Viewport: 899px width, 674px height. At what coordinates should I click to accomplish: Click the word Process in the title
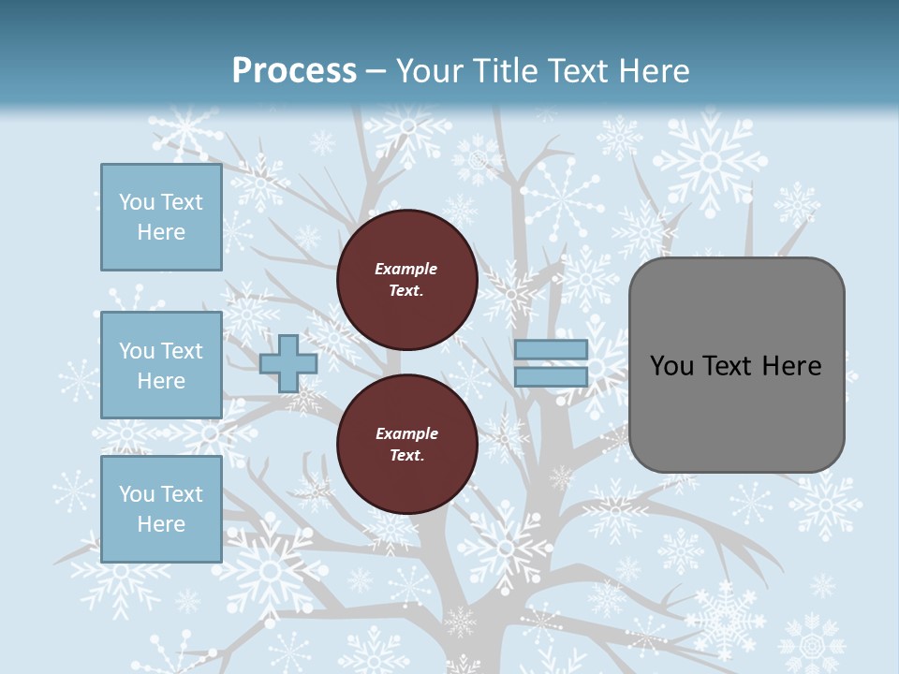(294, 71)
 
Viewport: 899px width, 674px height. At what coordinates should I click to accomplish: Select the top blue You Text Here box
(161, 217)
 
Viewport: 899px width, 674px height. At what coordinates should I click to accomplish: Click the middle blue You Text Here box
(161, 365)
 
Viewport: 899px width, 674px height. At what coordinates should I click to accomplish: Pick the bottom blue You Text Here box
(161, 509)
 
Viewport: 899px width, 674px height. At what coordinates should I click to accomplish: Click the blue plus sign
(287, 363)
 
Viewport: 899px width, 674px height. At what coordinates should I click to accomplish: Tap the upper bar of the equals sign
(551, 350)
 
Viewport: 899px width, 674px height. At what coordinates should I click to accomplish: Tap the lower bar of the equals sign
(551, 377)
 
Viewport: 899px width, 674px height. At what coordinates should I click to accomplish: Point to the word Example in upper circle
(406, 269)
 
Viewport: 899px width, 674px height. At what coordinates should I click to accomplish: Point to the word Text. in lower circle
(406, 456)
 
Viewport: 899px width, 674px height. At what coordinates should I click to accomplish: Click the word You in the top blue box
(136, 202)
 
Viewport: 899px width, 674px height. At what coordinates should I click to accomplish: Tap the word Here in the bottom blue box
(161, 524)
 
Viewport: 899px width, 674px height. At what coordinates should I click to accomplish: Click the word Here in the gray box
(791, 366)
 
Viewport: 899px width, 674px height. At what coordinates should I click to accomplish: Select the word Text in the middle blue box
(181, 351)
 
